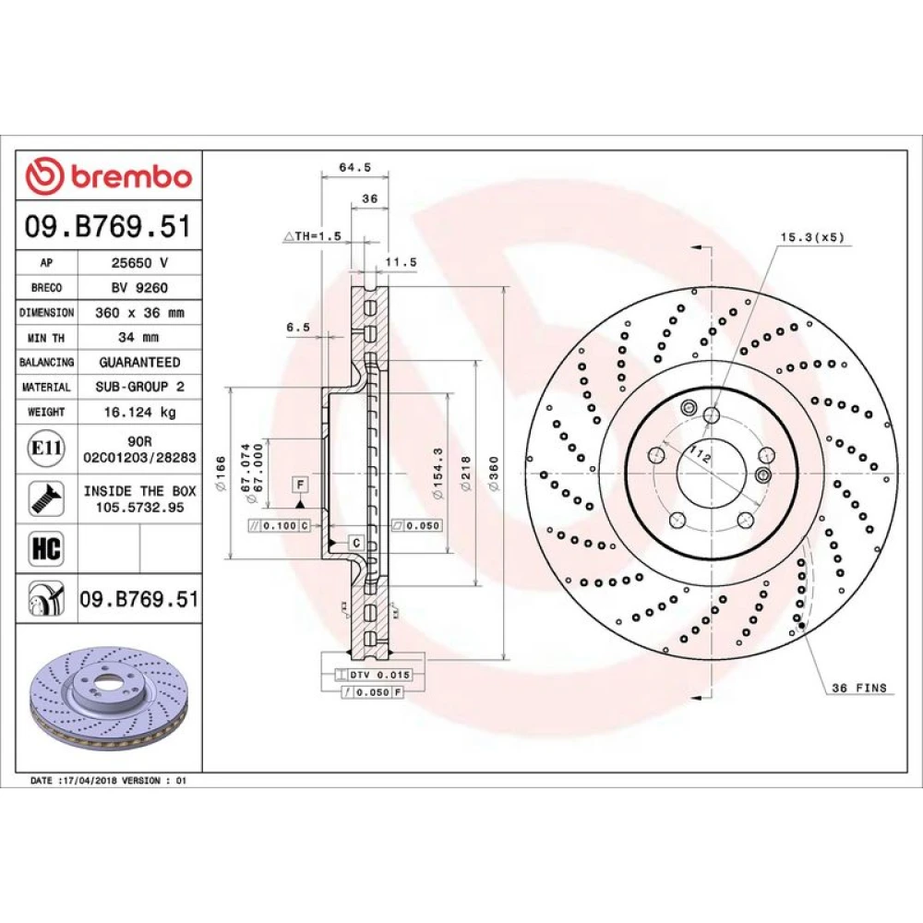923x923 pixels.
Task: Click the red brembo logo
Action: click(109, 176)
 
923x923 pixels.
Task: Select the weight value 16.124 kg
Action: click(140, 412)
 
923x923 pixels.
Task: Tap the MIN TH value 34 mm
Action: click(138, 337)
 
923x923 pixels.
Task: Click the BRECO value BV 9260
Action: click(139, 288)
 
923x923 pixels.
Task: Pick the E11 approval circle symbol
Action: click(46, 449)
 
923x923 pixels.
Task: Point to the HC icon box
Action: click(46, 548)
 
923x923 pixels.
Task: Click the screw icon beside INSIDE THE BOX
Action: click(46, 498)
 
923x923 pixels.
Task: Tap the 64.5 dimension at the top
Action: click(355, 167)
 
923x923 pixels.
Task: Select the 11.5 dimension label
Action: click(401, 262)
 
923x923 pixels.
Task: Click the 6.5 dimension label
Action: click(298, 328)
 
